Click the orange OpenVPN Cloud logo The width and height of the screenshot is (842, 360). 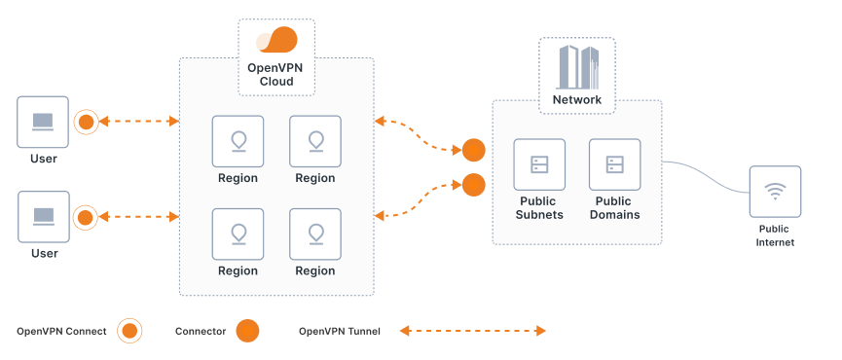[276, 41]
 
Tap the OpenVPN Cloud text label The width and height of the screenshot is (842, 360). [276, 75]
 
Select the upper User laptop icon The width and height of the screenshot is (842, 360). [43, 122]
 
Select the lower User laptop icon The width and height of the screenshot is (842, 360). [43, 216]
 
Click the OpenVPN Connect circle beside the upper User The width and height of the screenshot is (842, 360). [86, 122]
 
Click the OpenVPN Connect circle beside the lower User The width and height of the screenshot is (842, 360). [86, 216]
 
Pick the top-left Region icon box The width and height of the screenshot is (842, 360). [238, 141]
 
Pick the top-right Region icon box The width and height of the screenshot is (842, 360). [315, 141]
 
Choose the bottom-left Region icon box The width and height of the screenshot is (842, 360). [238, 234]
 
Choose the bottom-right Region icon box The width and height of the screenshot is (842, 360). [315, 234]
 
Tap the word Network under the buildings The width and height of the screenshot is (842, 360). [577, 99]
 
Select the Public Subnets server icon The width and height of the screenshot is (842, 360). [540, 164]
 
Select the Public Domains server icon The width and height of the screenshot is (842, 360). [615, 164]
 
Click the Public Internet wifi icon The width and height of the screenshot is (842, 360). [775, 192]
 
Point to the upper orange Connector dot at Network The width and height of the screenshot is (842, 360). [473, 150]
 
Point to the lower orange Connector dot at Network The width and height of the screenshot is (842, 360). [473, 184]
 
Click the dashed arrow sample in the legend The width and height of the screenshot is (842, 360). [473, 331]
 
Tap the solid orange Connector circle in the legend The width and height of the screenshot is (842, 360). [247, 331]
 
